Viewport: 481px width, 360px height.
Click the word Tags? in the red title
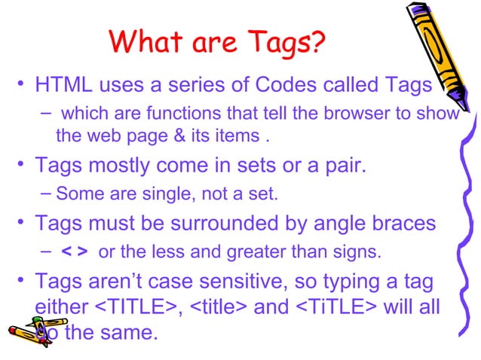[280, 44]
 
